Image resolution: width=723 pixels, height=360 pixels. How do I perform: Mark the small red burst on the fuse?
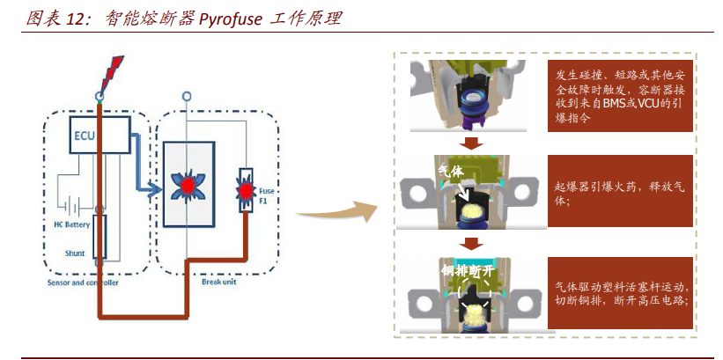[246, 188]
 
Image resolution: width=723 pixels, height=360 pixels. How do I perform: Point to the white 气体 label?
[451, 172]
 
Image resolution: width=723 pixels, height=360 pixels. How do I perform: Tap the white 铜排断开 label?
[467, 271]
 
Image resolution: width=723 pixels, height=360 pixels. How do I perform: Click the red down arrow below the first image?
[471, 143]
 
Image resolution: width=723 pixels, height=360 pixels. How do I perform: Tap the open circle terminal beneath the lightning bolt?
[100, 94]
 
